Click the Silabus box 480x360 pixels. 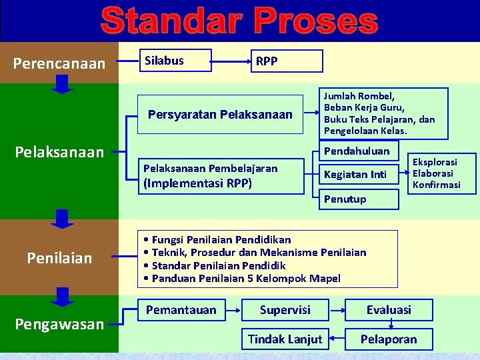tap(174, 61)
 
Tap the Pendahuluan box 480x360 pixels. tap(356, 151)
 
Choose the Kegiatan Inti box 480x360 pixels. tap(356, 175)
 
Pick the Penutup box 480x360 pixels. tap(356, 199)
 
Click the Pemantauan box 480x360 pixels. tap(181, 310)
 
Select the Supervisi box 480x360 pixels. tap(285, 310)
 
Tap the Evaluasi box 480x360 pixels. tap(389, 310)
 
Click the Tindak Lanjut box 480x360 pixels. tap(285, 339)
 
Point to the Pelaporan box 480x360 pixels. tap(389, 339)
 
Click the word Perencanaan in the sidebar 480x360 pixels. tap(59, 63)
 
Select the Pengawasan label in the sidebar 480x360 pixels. tap(59, 324)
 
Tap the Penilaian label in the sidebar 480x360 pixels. tap(59, 257)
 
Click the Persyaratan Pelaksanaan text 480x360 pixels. tap(220, 115)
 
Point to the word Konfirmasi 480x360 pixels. tap(436, 185)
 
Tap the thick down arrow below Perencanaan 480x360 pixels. tap(62, 85)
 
